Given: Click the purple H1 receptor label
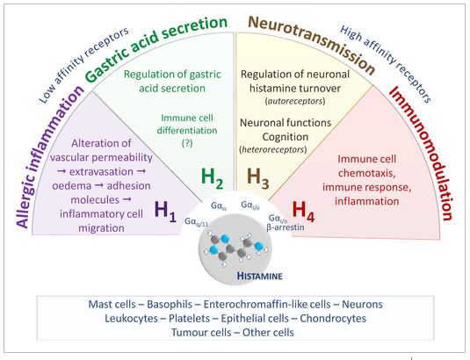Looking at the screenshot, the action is click(165, 212).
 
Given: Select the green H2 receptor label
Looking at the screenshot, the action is click(212, 178).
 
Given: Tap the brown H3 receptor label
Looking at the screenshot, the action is click(257, 178).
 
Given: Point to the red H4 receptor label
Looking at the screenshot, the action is click(303, 212).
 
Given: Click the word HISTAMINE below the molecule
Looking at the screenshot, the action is click(259, 276).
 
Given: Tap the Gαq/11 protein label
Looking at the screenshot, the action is click(196, 222).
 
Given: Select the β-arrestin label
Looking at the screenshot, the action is click(286, 227).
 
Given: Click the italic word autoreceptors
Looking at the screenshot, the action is click(295, 101).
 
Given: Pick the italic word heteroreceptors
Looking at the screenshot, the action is click(273, 149).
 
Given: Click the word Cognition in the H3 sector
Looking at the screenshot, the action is click(285, 137).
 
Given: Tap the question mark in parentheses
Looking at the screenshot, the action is click(187, 143).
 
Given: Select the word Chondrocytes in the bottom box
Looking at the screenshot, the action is click(333, 318).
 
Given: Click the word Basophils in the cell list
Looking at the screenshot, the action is click(170, 305).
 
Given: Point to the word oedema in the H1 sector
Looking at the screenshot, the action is click(72, 185).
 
